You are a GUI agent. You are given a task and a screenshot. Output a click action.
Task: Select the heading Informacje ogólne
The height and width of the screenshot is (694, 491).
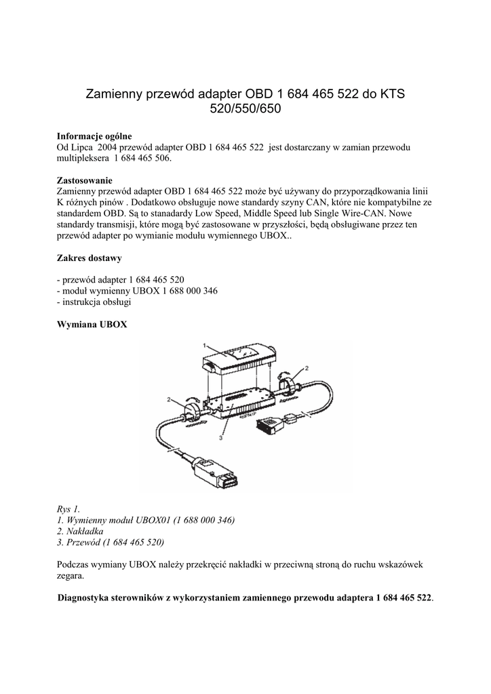pos(94,136)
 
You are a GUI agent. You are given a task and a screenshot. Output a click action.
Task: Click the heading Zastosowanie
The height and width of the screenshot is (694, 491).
pos(85,180)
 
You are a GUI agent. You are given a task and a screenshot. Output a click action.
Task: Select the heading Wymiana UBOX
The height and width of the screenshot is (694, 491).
pos(92,325)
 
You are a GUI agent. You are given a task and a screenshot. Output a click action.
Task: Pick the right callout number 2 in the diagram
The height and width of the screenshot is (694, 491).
pos(306,368)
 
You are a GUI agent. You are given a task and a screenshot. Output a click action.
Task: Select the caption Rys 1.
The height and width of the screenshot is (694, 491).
pos(67,508)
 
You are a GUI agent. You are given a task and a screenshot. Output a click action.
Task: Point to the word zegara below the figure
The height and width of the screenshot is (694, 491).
pos(71,575)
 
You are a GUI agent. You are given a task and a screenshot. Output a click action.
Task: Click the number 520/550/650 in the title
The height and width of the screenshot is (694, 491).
pos(245,108)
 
